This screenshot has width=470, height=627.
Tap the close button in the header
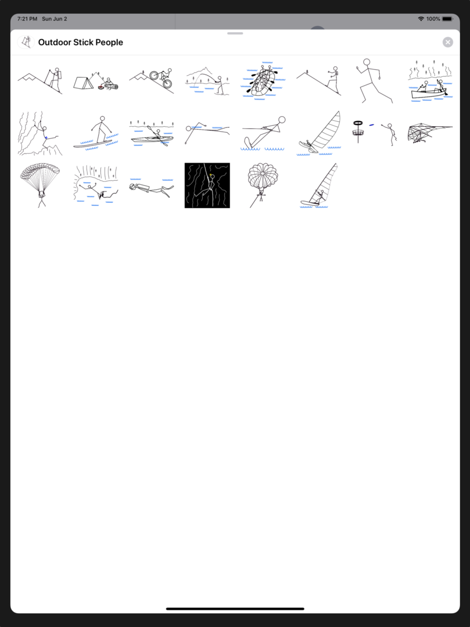tap(447, 42)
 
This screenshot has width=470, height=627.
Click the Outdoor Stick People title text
tap(80, 42)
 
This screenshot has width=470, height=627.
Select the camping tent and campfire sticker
tap(96, 81)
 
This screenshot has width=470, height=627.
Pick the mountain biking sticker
tap(151, 81)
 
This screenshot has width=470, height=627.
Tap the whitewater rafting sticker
tap(263, 81)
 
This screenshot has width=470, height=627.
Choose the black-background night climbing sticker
tap(207, 185)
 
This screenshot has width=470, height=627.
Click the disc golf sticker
tap(374, 133)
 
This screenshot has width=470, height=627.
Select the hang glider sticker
tap(430, 133)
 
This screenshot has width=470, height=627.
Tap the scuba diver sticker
tap(151, 188)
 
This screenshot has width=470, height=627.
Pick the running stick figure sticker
tap(374, 81)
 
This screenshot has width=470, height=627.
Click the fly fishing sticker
tap(207, 81)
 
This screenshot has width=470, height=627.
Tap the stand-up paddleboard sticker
tap(96, 133)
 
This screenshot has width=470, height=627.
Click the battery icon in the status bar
tap(447, 19)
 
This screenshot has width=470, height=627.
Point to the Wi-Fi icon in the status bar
tap(421, 19)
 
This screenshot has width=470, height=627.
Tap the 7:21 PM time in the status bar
tap(27, 19)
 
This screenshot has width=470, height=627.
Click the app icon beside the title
tap(26, 42)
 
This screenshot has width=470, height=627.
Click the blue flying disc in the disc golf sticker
tap(371, 125)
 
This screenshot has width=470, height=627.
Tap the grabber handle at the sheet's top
tap(235, 33)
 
